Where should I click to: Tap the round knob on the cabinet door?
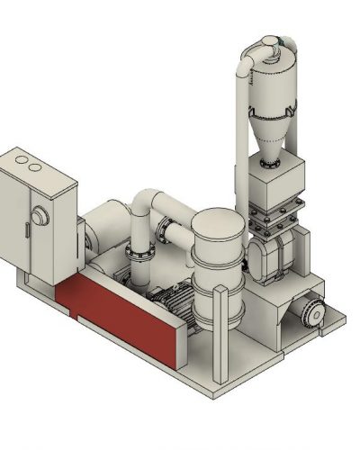[x=40, y=215]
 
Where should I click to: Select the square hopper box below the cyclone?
[x=276, y=187]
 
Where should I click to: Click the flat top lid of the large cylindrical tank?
[x=216, y=220]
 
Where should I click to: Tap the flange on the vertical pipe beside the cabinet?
[x=139, y=254]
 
